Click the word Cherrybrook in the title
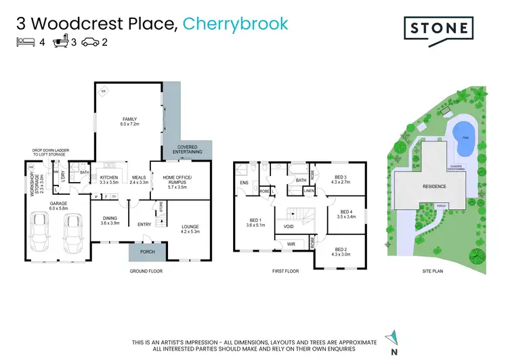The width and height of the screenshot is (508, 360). pyautogui.click(x=235, y=24)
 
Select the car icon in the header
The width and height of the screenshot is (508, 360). pyautogui.click(x=89, y=43)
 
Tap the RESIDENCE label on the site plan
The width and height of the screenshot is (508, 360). pyautogui.click(x=435, y=186)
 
